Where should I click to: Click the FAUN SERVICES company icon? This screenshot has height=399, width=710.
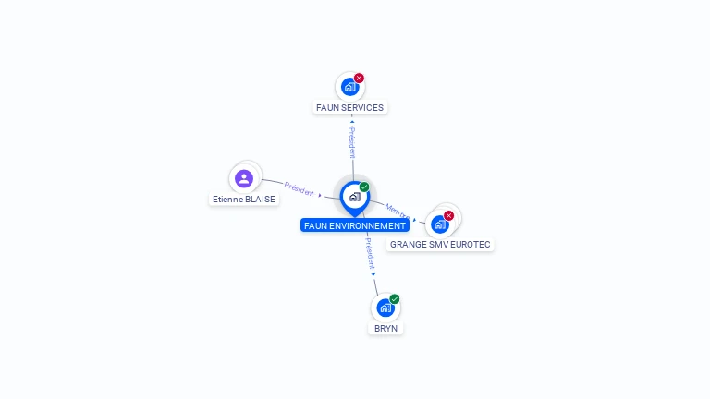coord(349,87)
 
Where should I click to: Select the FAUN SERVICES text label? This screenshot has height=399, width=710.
coord(349,107)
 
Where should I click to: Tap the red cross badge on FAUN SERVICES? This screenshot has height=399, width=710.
coord(360,79)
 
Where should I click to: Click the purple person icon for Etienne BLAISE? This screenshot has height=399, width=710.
coord(244,178)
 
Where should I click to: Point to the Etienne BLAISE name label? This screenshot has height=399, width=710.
coord(244,199)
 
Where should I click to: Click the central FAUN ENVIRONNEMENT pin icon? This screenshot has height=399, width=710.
coord(354,197)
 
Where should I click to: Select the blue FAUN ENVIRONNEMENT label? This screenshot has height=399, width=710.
coord(355,225)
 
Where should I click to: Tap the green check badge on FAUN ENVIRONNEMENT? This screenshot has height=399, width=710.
coord(364,187)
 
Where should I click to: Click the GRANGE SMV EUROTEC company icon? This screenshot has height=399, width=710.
coord(440,224)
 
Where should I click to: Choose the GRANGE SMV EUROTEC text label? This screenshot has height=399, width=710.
coord(440,245)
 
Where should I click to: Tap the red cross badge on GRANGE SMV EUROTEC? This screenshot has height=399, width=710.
coord(449,215)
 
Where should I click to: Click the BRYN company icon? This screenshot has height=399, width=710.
coord(386,308)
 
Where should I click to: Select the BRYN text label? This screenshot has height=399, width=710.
coord(386,328)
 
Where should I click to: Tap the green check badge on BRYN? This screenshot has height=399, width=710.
coord(395,299)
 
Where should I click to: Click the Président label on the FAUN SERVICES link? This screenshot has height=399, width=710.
coord(352,142)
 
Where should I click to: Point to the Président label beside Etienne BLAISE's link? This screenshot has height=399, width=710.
coord(299,188)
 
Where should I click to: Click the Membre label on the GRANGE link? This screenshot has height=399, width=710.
coord(396,211)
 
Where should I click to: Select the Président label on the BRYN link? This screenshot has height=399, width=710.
coord(369,251)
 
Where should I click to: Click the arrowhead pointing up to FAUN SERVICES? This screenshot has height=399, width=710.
coord(352,121)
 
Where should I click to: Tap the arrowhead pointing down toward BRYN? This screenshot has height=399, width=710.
coord(373,274)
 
